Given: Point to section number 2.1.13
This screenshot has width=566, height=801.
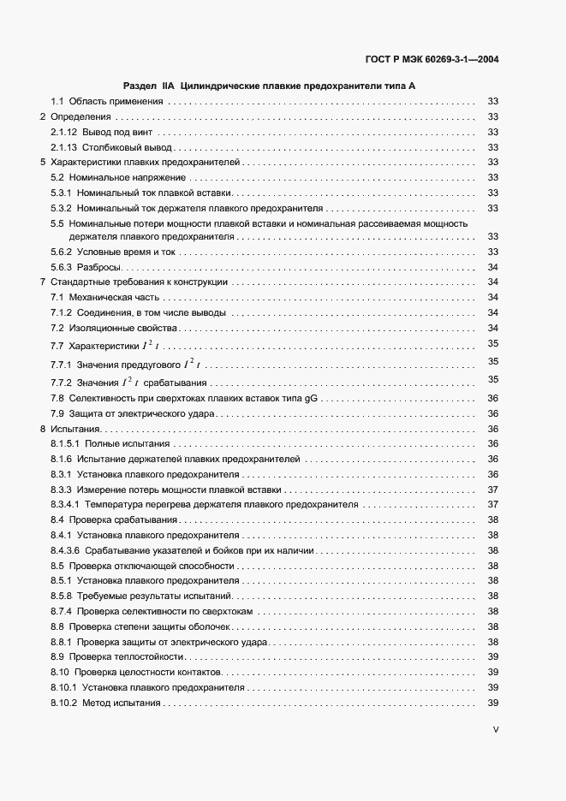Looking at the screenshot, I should pos(64,147).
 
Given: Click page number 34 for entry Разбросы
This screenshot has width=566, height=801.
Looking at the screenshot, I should pos(492,267).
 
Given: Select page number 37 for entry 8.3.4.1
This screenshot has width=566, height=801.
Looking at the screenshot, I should pos(492,505).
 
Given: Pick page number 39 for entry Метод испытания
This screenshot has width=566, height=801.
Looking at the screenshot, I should pos(492,703).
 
